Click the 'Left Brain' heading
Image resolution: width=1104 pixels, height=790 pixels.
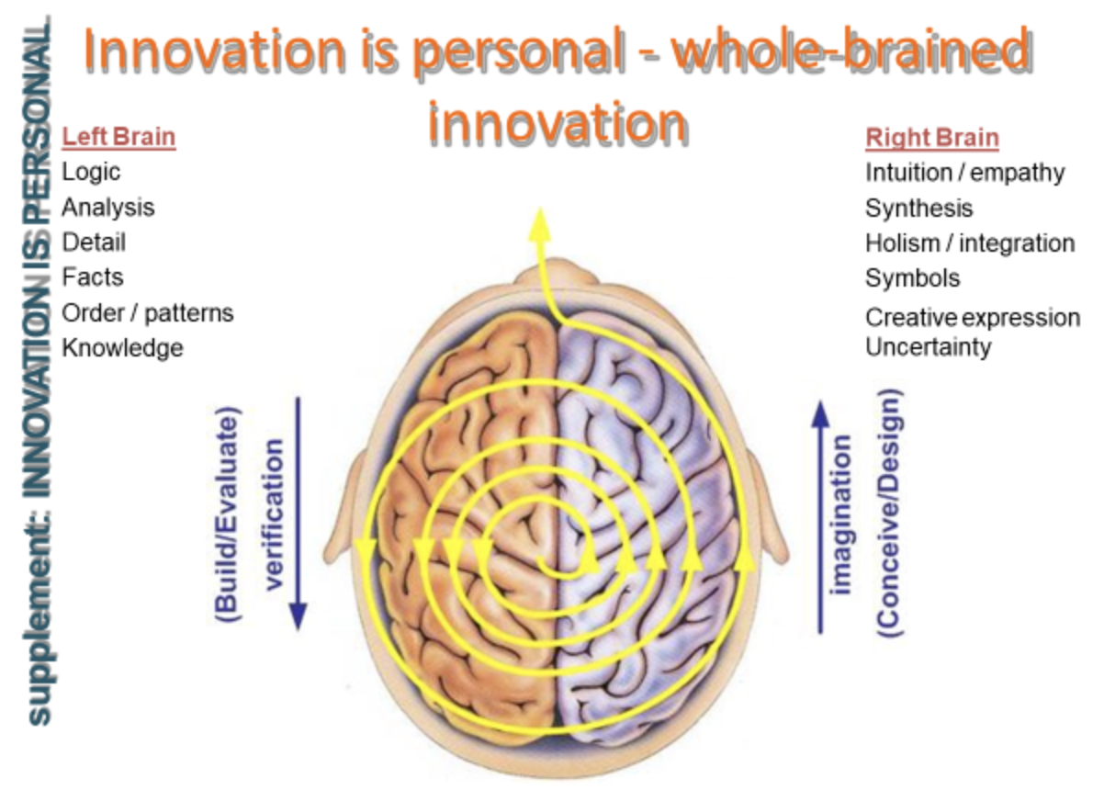pyautogui.click(x=118, y=137)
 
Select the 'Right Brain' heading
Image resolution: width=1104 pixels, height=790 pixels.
pyautogui.click(x=932, y=138)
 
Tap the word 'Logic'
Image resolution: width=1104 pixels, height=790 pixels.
pyautogui.click(x=91, y=173)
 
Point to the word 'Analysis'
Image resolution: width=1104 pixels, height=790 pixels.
pyautogui.click(x=108, y=208)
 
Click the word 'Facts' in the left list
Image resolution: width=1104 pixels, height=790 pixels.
pyautogui.click(x=93, y=277)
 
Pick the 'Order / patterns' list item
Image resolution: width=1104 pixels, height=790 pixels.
pyautogui.click(x=148, y=313)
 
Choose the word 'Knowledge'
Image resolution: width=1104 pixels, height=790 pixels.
pyautogui.click(x=123, y=348)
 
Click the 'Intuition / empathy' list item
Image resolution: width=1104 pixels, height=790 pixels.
pyautogui.click(x=965, y=174)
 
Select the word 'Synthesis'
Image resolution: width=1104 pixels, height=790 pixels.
pyautogui.click(x=919, y=209)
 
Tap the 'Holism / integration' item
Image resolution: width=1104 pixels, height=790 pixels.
pyautogui.click(x=970, y=243)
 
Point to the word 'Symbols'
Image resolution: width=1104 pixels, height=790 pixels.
pyautogui.click(x=913, y=278)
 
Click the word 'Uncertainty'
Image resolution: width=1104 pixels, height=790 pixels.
pyautogui.click(x=929, y=348)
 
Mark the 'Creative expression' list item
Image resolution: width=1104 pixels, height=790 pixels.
pyautogui.click(x=973, y=318)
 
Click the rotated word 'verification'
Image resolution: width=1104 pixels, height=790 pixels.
pyautogui.click(x=274, y=514)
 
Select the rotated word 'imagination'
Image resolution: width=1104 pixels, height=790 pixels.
pyautogui.click(x=840, y=515)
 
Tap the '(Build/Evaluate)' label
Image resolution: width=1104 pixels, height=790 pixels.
pyautogui.click(x=227, y=515)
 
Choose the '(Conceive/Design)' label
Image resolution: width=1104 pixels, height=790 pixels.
pyautogui.click(x=890, y=513)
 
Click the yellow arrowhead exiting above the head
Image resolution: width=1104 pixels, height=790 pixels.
pyautogui.click(x=540, y=224)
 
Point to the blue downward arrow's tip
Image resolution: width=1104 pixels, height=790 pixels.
pyautogui.click(x=298, y=630)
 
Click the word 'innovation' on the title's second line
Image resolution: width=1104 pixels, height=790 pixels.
pyautogui.click(x=558, y=122)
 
